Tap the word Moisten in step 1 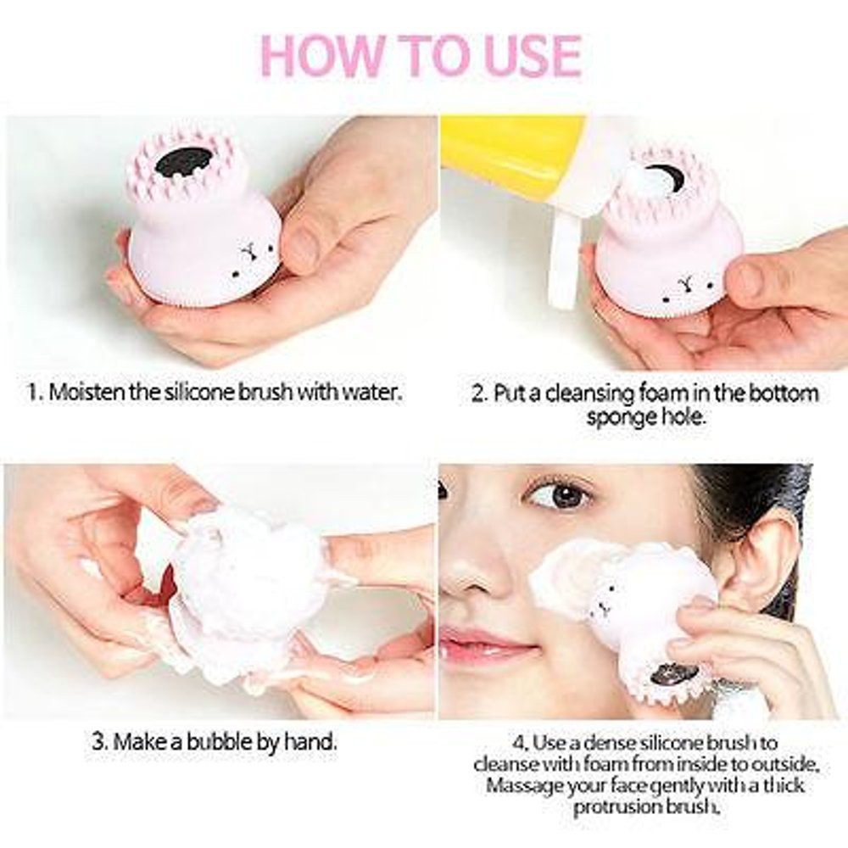86,392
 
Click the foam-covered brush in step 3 246,585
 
